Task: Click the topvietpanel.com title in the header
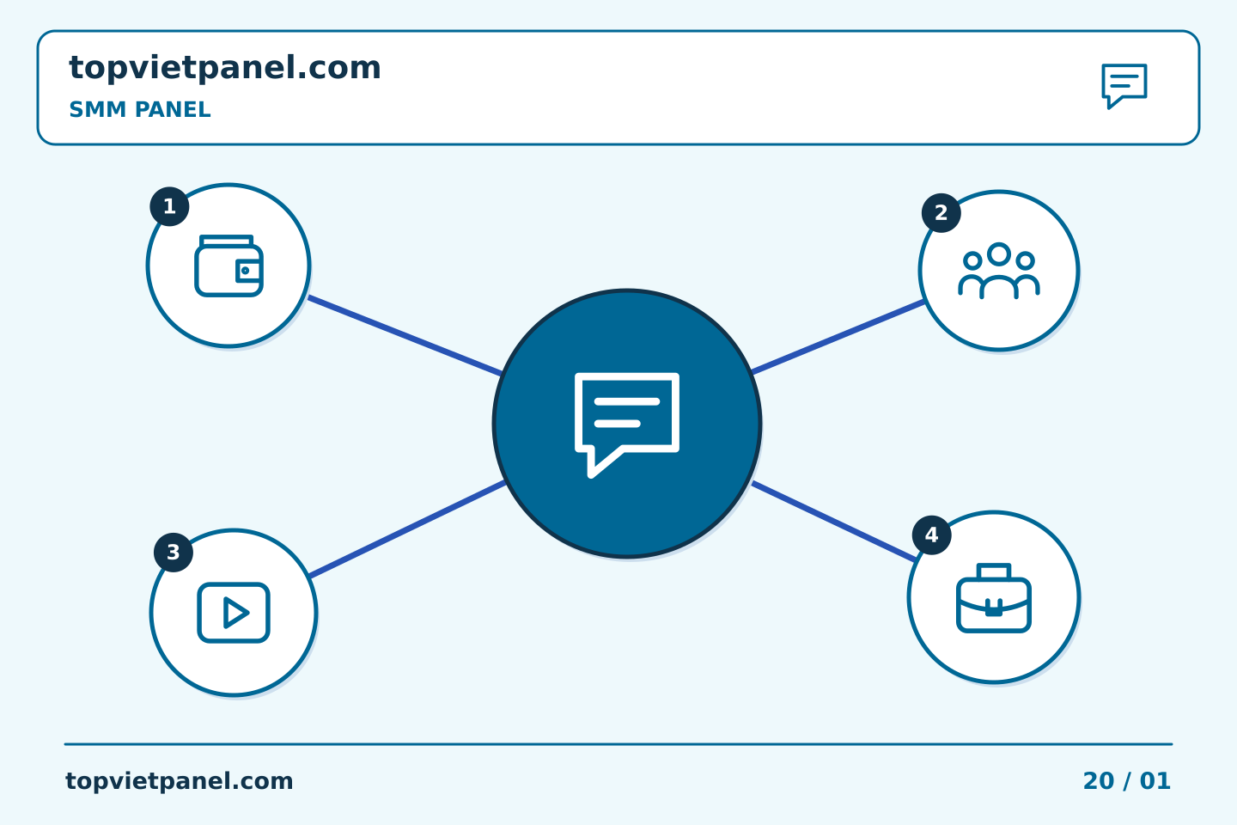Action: [225, 69]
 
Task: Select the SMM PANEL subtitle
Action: [140, 109]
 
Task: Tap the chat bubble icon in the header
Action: [1124, 86]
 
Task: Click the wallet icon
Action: [229, 266]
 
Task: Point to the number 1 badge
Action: [169, 206]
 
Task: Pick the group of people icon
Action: [999, 271]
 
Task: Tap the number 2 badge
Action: [941, 213]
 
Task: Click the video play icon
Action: [234, 612]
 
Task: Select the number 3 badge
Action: [174, 552]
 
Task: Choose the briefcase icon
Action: [994, 598]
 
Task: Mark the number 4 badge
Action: [931, 535]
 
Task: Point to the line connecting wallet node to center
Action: [405, 336]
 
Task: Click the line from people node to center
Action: [838, 337]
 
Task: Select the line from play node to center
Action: [407, 529]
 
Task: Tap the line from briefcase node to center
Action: [834, 522]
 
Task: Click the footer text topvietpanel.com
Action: [179, 781]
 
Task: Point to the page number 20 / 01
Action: [1126, 781]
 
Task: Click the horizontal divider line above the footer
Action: [618, 744]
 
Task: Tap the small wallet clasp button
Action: [245, 270]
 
